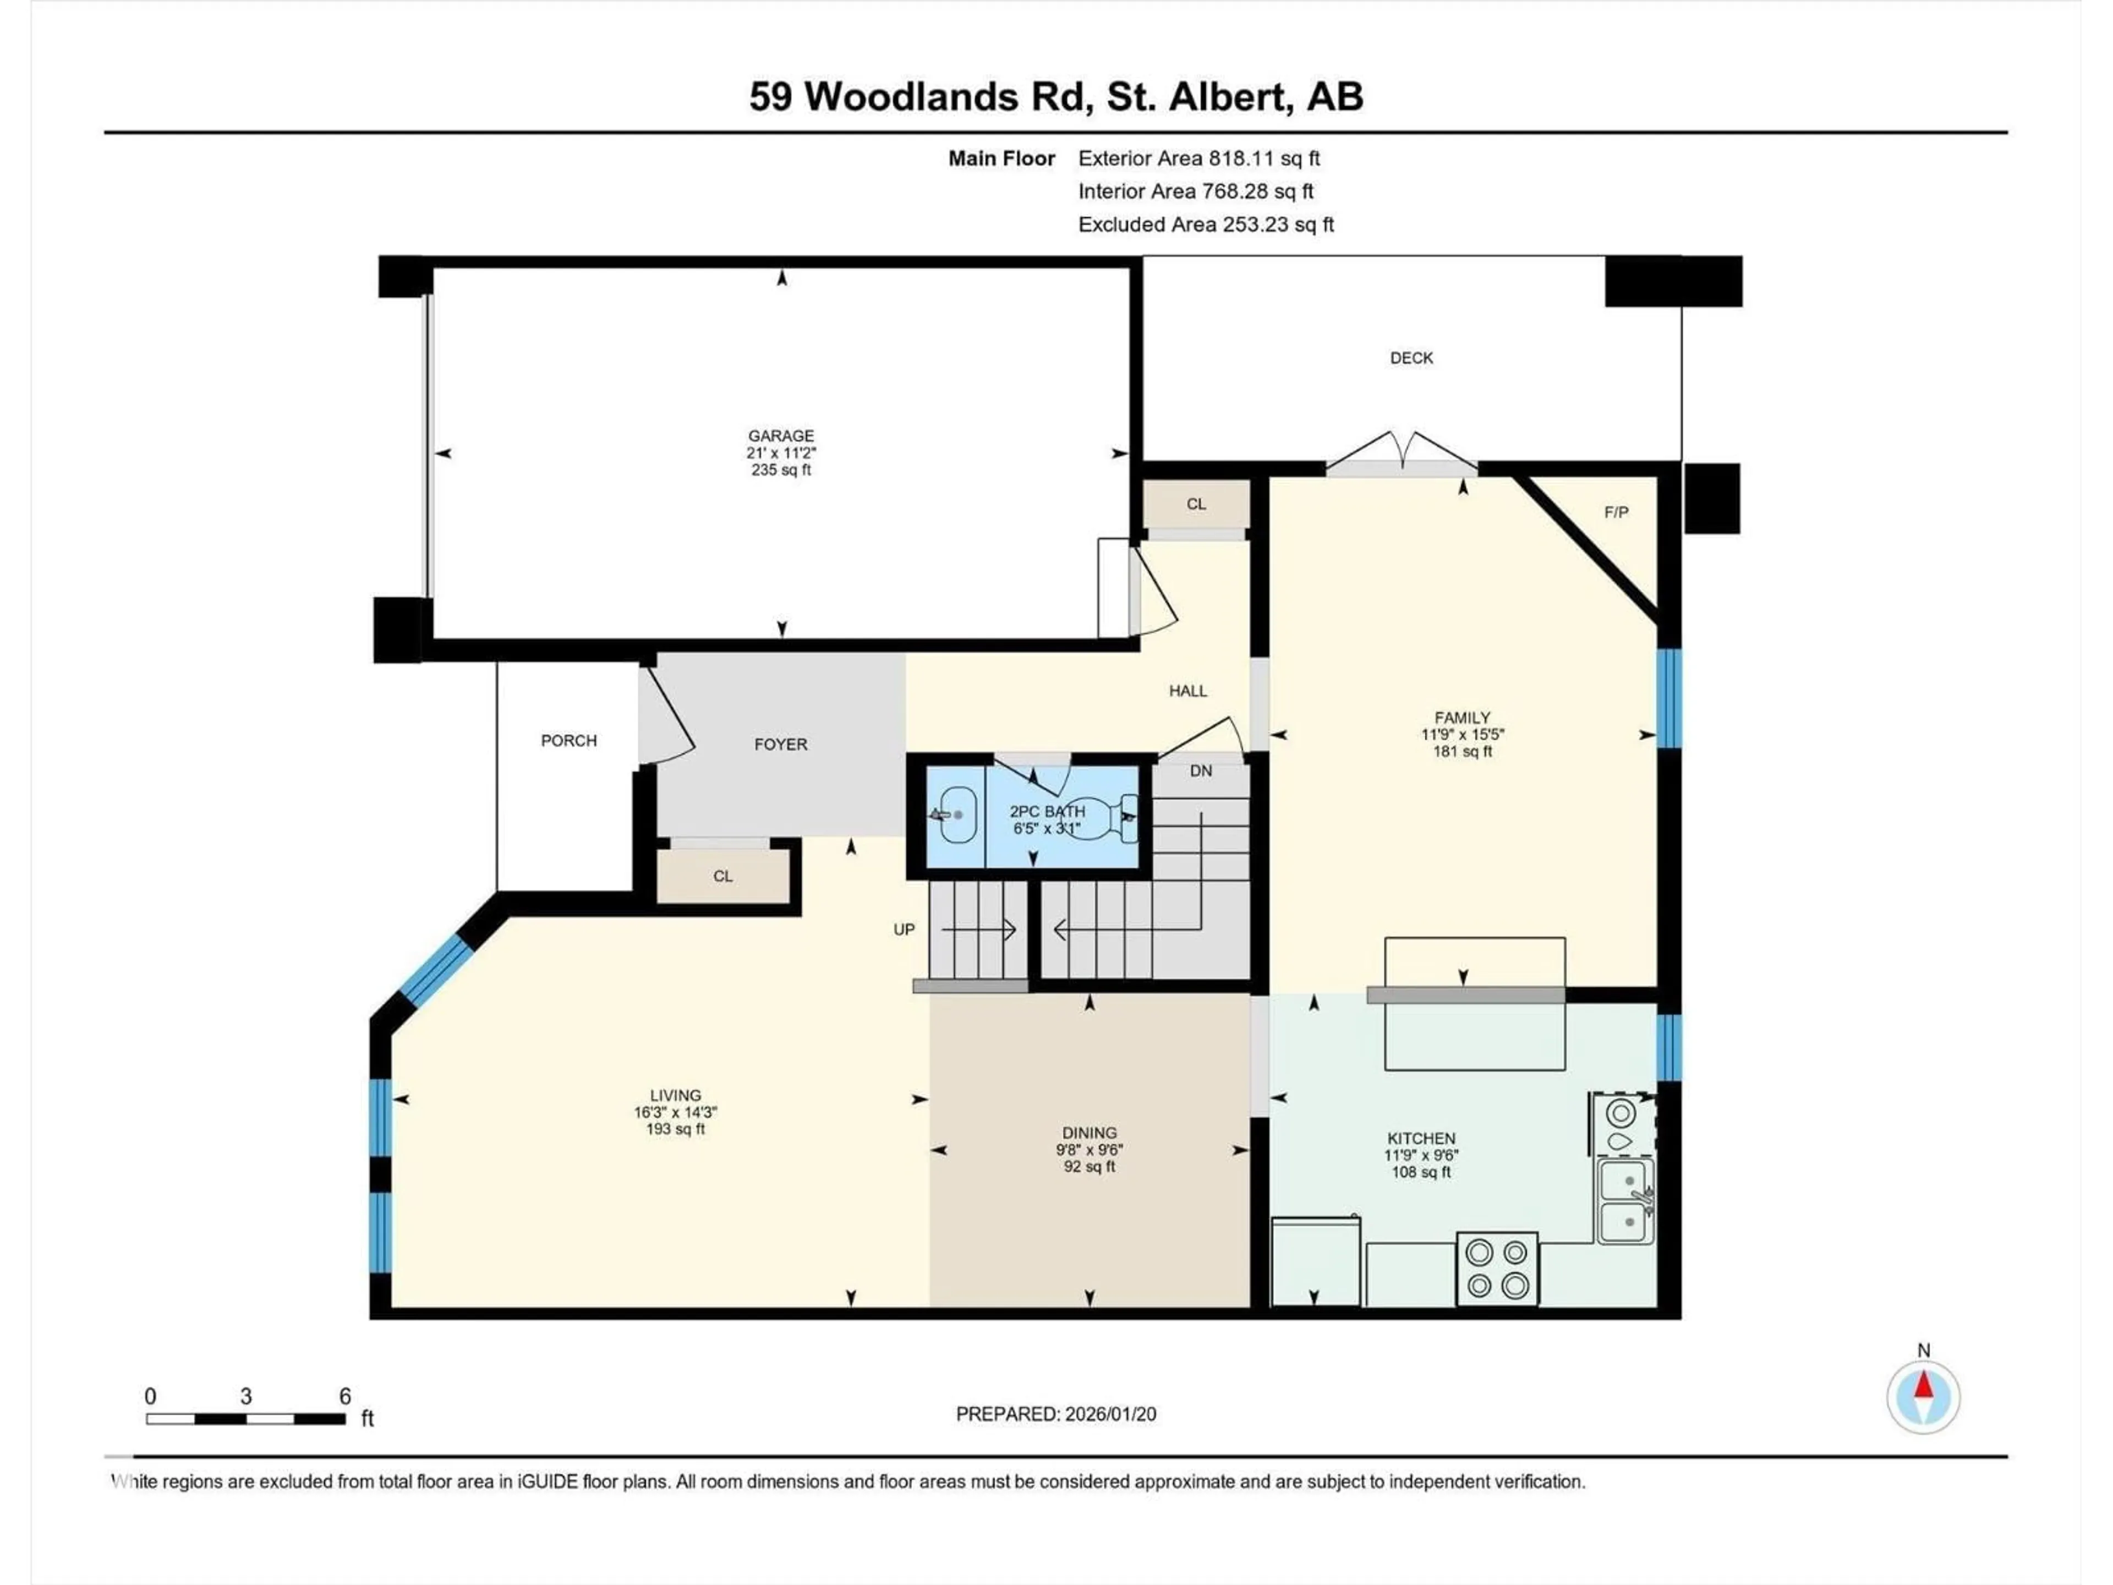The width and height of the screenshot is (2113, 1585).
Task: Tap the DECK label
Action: tap(1411, 358)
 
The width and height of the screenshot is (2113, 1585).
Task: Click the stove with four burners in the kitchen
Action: tap(1497, 1268)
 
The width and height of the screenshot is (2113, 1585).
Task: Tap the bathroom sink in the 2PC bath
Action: tap(955, 815)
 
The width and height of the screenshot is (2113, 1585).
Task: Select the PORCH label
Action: tap(568, 740)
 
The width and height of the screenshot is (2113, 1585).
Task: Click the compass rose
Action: tap(1923, 1397)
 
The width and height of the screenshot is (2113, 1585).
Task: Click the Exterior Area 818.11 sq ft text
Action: tap(1199, 158)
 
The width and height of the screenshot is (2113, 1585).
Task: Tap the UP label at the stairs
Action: tap(904, 930)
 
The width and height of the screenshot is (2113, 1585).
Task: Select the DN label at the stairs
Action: tap(1201, 771)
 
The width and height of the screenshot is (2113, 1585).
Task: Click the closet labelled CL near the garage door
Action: tap(1196, 505)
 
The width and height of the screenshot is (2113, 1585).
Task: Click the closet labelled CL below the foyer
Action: tap(723, 876)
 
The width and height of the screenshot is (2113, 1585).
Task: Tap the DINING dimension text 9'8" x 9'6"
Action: tap(1089, 1150)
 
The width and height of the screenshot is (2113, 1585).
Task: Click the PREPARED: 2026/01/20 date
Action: tap(1055, 1414)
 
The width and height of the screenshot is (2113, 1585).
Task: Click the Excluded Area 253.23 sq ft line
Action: tap(1206, 225)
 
